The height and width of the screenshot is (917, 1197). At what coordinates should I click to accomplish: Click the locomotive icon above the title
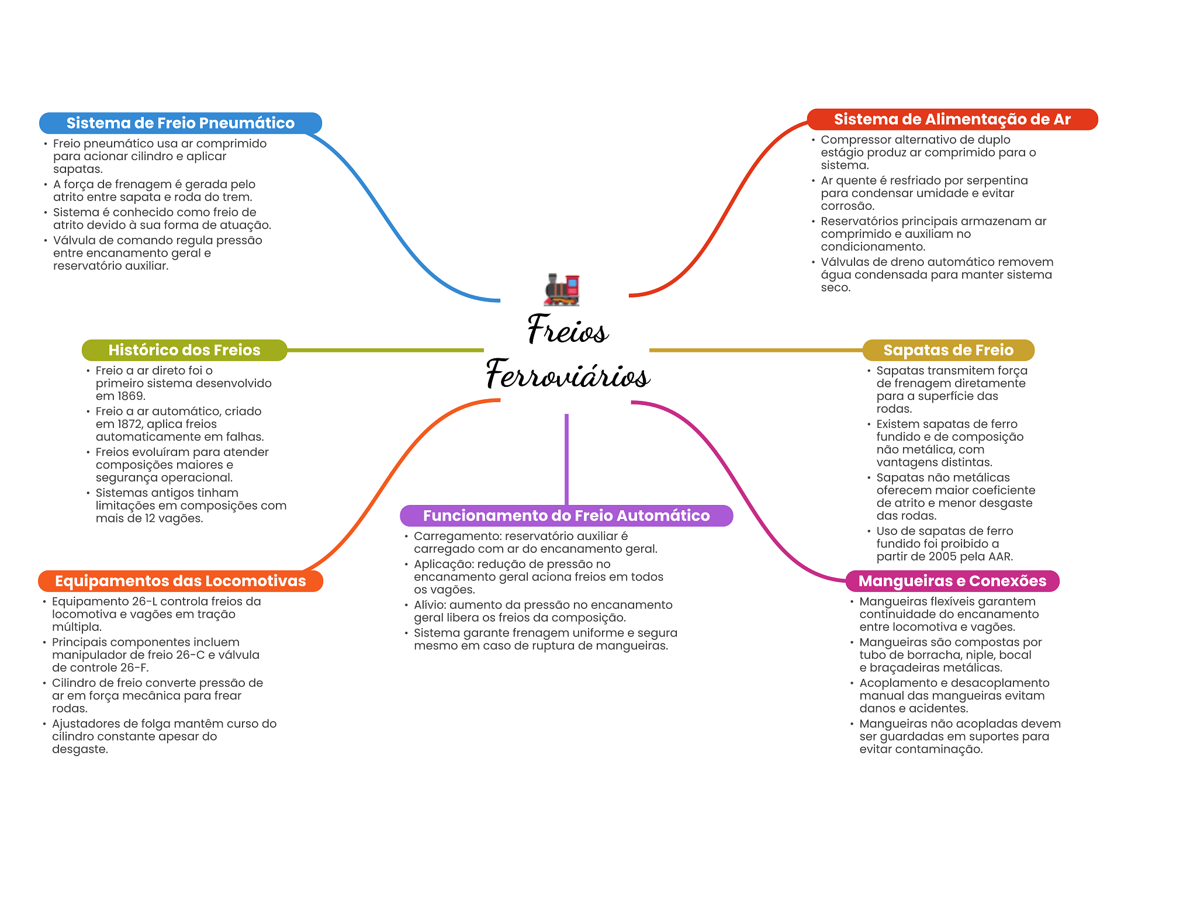(562, 289)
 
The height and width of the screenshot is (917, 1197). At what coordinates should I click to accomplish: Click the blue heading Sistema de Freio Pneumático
(180, 123)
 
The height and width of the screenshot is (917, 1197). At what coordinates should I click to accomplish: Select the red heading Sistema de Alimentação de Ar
(952, 120)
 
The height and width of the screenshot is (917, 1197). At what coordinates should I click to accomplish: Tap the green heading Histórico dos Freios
(184, 350)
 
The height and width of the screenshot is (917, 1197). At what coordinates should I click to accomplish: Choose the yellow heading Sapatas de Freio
(948, 350)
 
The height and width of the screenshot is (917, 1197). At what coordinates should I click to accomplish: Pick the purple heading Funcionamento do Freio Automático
(566, 515)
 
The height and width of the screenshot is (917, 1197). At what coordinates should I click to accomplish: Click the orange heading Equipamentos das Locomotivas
(180, 581)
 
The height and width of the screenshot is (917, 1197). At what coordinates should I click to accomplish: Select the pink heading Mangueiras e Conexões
(952, 581)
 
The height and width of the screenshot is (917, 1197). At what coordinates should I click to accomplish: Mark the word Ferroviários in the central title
(568, 375)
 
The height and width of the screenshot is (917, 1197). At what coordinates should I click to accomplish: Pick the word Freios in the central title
(568, 330)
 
